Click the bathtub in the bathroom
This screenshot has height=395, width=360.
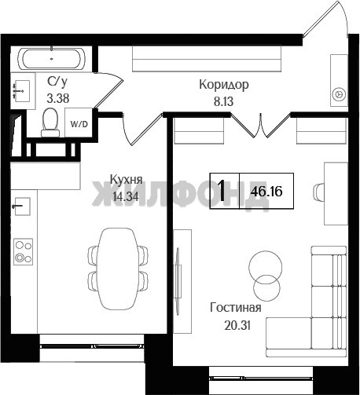(x=51, y=59)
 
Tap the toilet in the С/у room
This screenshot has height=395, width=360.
(x=50, y=123)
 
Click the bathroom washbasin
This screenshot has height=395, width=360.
(x=21, y=91)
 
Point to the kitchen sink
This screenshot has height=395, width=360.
(x=22, y=207)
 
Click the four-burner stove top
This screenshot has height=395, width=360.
(x=24, y=251)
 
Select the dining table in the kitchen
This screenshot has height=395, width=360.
(x=118, y=269)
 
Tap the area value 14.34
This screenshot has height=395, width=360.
(x=126, y=196)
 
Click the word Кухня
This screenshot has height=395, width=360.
(x=126, y=180)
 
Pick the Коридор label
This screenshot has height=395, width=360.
(x=224, y=85)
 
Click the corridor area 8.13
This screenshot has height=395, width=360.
(x=223, y=101)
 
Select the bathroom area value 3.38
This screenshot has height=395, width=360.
(x=58, y=98)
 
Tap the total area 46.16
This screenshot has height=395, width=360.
(x=266, y=192)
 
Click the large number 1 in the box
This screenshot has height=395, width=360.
(x=222, y=191)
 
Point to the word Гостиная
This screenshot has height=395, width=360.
(x=236, y=307)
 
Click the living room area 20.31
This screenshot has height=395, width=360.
(x=237, y=325)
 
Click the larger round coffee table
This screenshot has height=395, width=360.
(x=266, y=267)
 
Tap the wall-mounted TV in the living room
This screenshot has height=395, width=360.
(x=178, y=281)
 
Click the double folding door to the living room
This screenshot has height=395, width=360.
(x=261, y=126)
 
